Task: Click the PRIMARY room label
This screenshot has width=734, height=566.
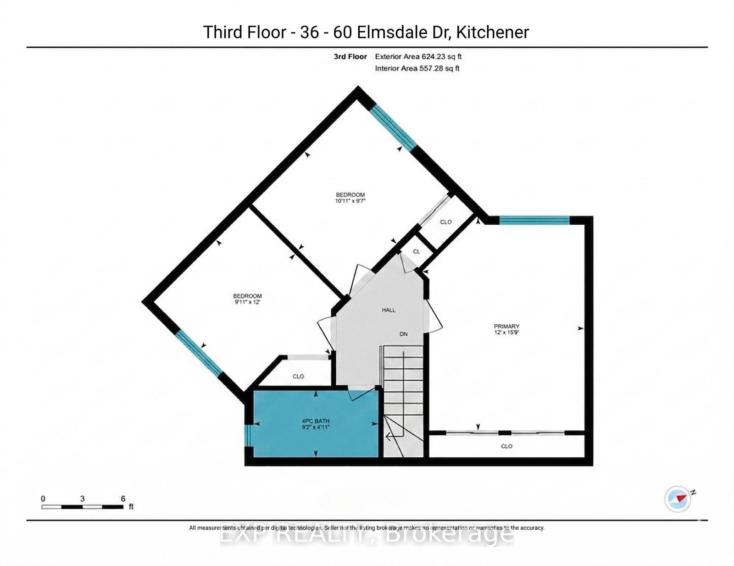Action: click(506, 326)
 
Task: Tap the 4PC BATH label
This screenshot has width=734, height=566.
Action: click(316, 421)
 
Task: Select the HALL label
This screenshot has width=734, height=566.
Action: click(389, 310)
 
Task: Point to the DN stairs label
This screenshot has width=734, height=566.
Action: click(403, 334)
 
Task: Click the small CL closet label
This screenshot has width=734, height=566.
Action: click(417, 251)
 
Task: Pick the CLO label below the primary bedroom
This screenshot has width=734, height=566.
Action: click(506, 446)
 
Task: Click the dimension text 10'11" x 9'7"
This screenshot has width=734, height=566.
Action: click(350, 200)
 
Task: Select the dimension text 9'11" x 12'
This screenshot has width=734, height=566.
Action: click(247, 302)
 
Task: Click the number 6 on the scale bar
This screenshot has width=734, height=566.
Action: click(123, 499)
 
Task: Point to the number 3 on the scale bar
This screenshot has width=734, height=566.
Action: click(82, 499)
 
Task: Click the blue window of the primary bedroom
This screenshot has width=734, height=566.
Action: click(534, 220)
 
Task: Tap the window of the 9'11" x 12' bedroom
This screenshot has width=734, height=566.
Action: click(199, 353)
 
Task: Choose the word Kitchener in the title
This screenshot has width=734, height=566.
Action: click(492, 32)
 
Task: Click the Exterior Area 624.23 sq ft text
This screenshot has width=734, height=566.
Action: click(418, 56)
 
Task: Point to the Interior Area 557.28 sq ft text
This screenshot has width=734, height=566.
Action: click(417, 68)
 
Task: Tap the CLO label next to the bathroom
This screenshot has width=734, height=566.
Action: click(298, 376)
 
